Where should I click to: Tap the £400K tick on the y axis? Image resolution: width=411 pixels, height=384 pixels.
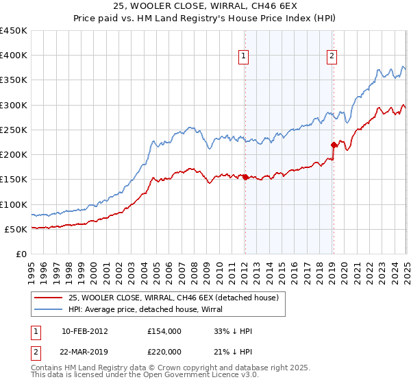click(x=14, y=56)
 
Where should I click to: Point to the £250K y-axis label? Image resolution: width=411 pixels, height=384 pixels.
click(x=14, y=130)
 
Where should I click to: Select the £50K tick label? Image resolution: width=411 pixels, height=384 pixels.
click(x=16, y=229)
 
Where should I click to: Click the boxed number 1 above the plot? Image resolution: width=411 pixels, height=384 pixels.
click(x=244, y=57)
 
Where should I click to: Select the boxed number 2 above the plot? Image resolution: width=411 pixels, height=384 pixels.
click(x=332, y=57)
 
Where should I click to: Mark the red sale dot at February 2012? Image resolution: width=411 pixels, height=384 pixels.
click(x=245, y=177)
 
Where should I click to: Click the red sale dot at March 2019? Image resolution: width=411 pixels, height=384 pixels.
click(x=334, y=145)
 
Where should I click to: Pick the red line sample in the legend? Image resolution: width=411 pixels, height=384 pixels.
click(x=48, y=298)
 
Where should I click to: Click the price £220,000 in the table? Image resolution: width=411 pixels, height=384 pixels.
click(x=164, y=351)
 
